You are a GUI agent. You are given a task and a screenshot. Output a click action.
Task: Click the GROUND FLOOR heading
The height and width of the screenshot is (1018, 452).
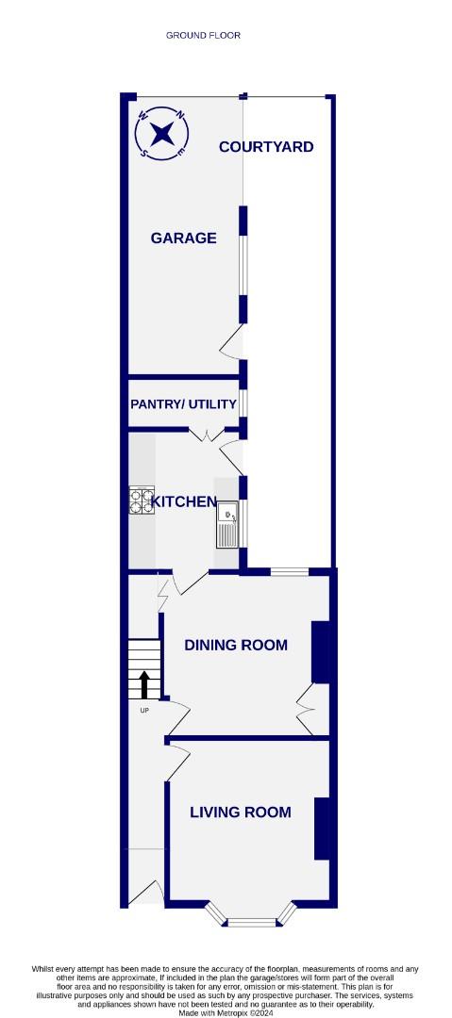203,35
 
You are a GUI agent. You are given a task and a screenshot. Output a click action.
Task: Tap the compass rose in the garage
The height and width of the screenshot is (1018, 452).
163,133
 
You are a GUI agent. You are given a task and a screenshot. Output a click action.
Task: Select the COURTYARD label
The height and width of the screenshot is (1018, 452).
266,147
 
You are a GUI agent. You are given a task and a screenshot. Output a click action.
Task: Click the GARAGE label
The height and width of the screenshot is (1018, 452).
183,238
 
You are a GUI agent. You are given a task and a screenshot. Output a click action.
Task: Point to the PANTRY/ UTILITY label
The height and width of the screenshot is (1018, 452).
183,404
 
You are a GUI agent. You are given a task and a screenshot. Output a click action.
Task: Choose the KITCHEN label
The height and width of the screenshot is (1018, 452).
185,502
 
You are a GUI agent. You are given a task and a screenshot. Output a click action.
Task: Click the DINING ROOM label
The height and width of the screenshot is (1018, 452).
235,646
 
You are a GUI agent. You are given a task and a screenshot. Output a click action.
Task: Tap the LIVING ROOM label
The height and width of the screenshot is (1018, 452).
240,813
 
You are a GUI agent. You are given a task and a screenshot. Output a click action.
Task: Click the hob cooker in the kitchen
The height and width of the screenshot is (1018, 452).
142,501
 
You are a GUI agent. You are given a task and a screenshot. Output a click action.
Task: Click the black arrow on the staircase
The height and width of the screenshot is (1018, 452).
144,682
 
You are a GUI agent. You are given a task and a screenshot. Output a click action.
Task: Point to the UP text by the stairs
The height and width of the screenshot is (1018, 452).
144,710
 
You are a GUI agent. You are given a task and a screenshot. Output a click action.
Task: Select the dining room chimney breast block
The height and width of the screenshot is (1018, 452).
321,651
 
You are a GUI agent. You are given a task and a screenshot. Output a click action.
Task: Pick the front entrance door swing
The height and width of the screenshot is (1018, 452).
146,891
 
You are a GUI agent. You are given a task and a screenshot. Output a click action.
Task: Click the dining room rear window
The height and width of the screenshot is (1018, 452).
288,571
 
